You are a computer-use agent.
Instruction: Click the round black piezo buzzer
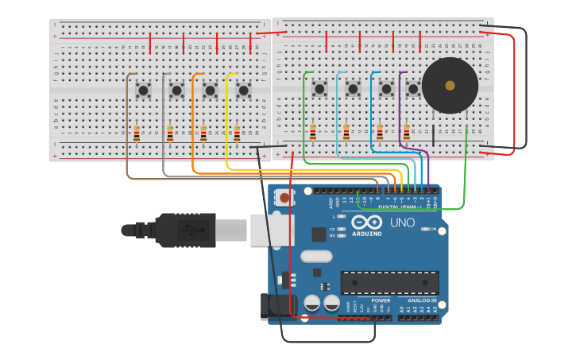(x=450, y=85)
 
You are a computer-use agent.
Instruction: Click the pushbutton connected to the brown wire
(x=143, y=91)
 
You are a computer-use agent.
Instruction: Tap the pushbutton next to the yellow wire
(x=243, y=91)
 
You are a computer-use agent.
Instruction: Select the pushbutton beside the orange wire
(x=210, y=91)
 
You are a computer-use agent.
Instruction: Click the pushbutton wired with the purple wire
(x=413, y=89)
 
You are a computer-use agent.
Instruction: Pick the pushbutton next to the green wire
(x=319, y=89)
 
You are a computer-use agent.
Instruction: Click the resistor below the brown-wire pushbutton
(x=137, y=134)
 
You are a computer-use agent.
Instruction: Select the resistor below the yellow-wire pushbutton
(x=237, y=134)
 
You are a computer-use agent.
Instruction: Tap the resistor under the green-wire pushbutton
(x=313, y=132)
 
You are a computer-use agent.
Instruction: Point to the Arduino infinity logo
(x=367, y=223)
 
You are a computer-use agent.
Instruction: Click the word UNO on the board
(x=402, y=223)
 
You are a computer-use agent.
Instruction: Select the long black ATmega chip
(x=389, y=282)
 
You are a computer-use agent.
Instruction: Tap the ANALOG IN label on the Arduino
(x=422, y=300)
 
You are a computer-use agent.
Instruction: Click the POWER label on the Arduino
(x=381, y=300)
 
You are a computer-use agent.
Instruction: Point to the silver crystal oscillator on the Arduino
(x=316, y=256)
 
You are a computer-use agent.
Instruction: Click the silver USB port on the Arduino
(x=272, y=230)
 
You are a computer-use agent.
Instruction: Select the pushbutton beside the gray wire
(x=176, y=91)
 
